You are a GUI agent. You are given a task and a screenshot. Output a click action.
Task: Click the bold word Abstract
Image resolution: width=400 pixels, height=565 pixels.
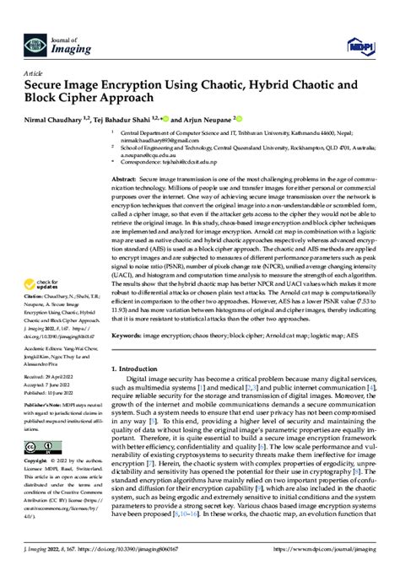coord(124,180)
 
